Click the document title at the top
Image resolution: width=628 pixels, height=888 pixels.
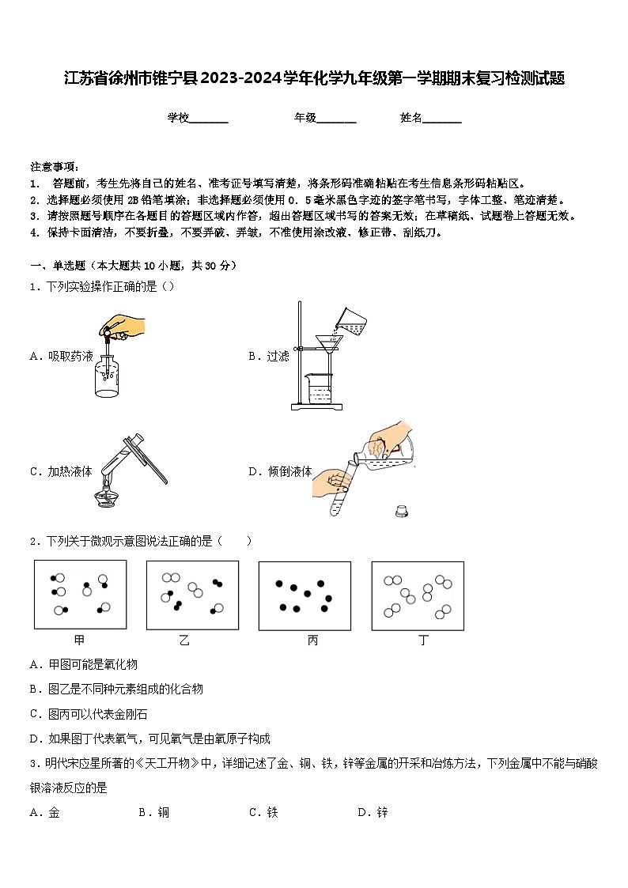tap(314, 78)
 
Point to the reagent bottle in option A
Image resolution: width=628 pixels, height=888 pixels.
tap(107, 374)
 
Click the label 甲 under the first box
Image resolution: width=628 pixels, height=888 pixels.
tap(79, 640)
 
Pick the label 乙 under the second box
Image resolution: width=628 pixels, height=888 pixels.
tap(184, 640)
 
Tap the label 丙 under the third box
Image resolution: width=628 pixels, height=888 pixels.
tap(312, 640)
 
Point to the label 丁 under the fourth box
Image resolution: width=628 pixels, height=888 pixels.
tap(423, 640)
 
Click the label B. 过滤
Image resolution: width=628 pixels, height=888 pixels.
tap(269, 357)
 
